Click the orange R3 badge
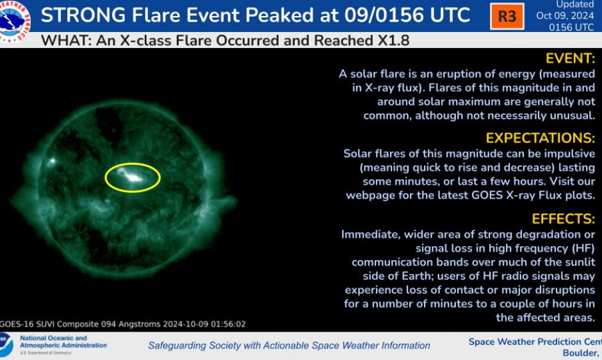[507, 16]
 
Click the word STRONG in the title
[83, 15]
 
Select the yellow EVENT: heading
[570, 58]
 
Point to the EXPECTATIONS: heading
[540, 138]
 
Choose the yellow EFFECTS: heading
[563, 219]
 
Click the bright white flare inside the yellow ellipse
[133, 177]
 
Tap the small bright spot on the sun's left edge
[52, 161]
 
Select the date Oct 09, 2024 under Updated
[565, 16]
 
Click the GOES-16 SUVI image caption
[123, 324]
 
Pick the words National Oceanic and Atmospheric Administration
[63, 341]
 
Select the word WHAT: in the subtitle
[66, 40]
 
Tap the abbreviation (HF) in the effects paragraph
[583, 249]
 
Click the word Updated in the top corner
[574, 4]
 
